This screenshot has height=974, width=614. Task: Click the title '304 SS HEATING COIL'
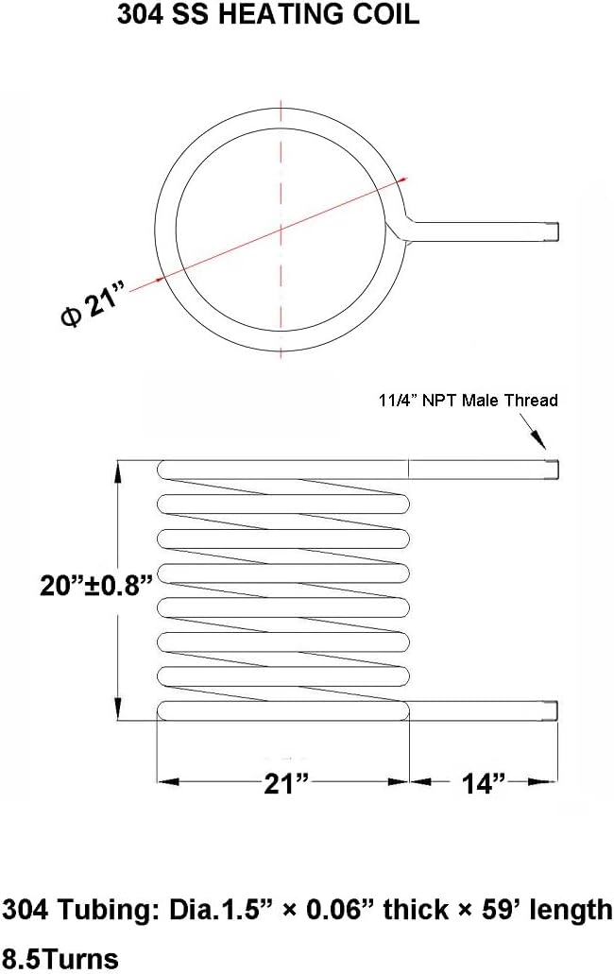(268, 16)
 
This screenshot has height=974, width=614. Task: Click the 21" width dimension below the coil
(285, 783)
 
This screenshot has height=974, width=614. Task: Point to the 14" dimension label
(485, 783)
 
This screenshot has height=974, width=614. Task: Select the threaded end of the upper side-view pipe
(553, 468)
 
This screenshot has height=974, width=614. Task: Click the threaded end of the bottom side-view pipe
(553, 710)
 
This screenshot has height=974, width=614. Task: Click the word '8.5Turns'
(60, 958)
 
